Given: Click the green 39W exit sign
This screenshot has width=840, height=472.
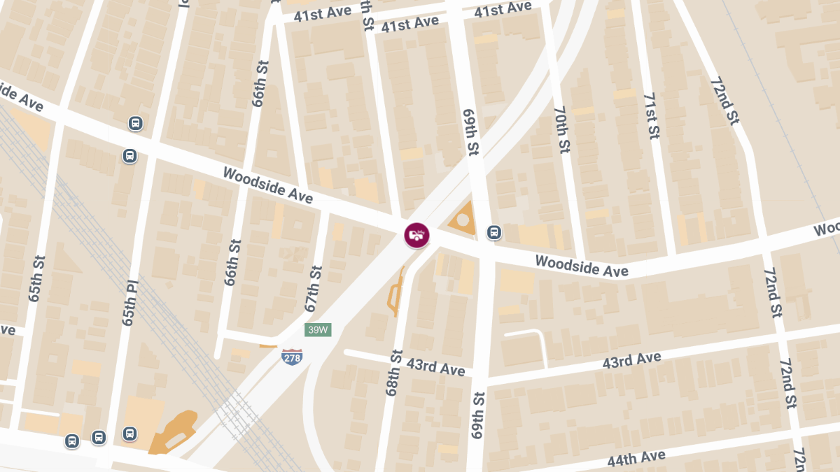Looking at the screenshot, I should [x=318, y=329].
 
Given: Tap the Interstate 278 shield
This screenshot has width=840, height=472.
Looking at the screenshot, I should [x=292, y=357].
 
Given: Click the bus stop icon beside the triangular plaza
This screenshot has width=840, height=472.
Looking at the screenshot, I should [x=493, y=232].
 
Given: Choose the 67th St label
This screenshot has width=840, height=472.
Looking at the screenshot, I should [x=313, y=288].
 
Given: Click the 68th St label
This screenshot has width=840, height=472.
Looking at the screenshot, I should [x=395, y=373].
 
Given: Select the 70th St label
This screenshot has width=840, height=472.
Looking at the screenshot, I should [x=561, y=129].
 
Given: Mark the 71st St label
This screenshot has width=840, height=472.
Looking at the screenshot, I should [x=651, y=115].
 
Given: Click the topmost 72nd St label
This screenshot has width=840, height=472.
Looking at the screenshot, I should [x=724, y=101].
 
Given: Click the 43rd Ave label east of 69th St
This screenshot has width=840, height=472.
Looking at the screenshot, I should [x=632, y=361].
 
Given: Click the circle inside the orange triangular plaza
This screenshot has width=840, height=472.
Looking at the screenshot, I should [x=463, y=220].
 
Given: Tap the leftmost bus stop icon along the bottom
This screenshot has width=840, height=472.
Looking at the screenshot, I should [x=71, y=441].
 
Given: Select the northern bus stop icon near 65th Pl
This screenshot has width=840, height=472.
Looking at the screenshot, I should [x=136, y=124].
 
